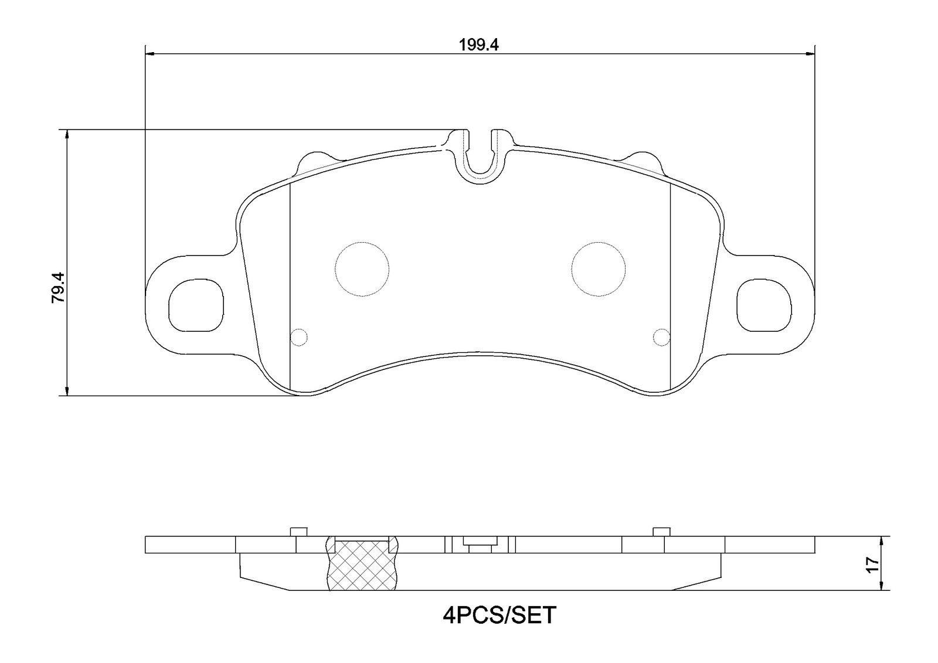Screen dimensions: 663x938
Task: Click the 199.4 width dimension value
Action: pos(480,45)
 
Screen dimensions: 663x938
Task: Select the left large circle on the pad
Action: pos(362,269)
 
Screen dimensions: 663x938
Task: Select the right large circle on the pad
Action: pos(599,269)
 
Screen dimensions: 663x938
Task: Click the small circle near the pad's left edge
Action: pos(299,336)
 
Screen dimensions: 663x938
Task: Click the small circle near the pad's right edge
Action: pos(661,336)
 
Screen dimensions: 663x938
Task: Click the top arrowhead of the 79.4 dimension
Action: pos(67,134)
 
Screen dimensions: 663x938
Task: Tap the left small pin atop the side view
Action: pos(299,532)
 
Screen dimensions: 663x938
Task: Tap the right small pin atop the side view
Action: pos(661,532)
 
